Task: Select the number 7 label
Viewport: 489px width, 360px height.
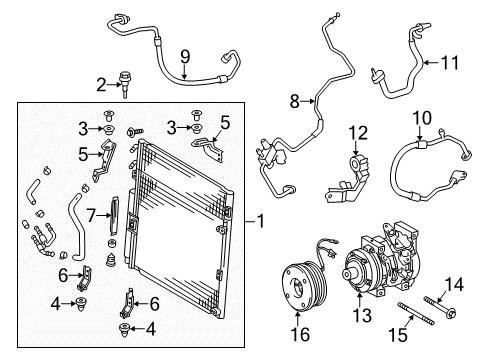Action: [91, 215]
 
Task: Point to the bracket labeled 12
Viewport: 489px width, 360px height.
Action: [355, 176]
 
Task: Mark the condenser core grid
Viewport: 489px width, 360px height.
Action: [185, 230]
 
